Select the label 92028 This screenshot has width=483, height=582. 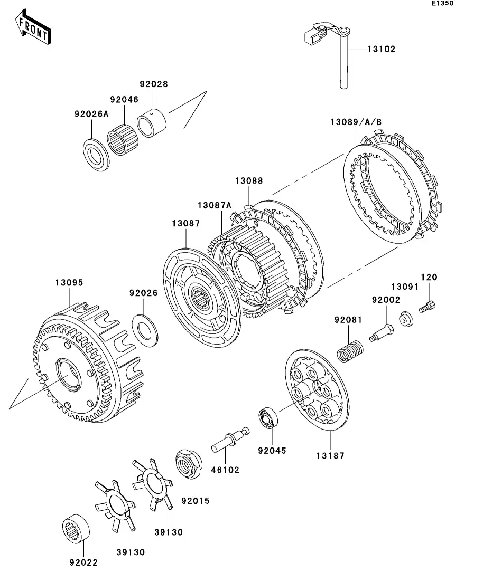tap(153, 84)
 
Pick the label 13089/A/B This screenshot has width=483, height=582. tap(356, 122)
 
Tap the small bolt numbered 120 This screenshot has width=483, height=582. tap(426, 306)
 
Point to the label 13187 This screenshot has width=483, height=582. tap(331, 455)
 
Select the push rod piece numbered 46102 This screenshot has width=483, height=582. tap(230, 440)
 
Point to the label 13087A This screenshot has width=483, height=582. tap(215, 205)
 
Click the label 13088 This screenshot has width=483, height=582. tap(248, 180)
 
